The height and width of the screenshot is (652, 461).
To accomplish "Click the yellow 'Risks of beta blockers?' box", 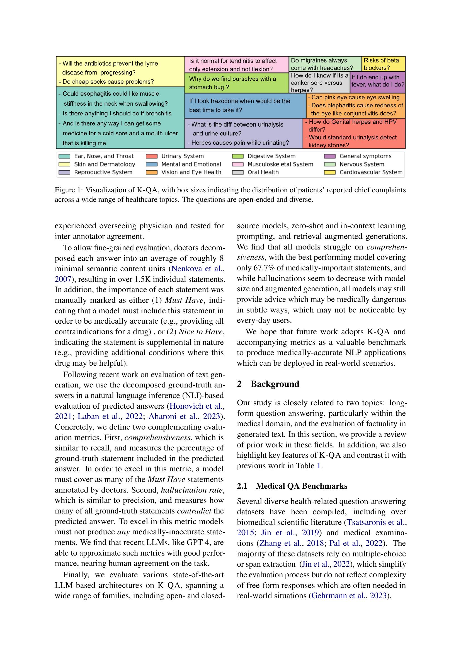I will coord(383,64).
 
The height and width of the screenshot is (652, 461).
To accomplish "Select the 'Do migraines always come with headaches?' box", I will coord(325,64).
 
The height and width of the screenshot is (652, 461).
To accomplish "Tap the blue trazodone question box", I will coord(245,106).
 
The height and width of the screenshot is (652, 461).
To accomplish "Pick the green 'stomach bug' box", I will coord(236,83).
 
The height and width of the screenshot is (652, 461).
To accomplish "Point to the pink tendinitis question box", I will coord(236,65).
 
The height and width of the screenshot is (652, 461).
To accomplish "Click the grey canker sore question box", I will coord(319,83).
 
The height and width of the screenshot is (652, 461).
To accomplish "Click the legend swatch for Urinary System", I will coord(152,156).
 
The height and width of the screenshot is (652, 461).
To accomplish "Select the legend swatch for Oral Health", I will coord(237,172).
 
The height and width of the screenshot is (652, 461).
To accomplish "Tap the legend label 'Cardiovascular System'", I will coord(371,172).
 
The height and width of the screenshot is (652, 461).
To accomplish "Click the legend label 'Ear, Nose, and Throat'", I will coord(104,156).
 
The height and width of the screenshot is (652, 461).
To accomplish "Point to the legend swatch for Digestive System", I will coord(237,156).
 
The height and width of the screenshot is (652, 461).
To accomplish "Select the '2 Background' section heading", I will coord(268,384).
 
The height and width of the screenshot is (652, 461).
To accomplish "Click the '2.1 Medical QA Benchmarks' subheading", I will coord(292,486).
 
